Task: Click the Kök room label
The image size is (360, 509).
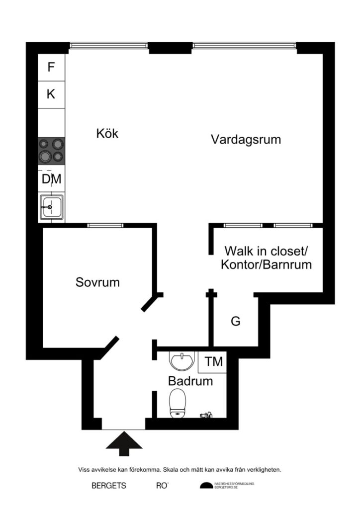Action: (x=107, y=133)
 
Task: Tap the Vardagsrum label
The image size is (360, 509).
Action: (x=246, y=139)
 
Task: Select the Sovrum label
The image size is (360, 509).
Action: (x=97, y=282)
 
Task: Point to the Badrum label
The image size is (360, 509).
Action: (x=190, y=382)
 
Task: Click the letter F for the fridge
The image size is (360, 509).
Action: (x=51, y=67)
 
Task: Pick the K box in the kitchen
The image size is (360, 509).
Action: (x=51, y=94)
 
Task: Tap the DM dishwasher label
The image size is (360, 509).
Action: (x=52, y=179)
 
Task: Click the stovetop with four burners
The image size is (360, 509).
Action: (x=52, y=150)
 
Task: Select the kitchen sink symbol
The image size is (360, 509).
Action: (x=51, y=207)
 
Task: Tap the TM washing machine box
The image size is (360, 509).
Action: (x=213, y=362)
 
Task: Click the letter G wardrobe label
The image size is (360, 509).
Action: (x=235, y=322)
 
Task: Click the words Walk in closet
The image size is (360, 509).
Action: (x=266, y=250)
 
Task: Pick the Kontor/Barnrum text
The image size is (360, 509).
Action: (x=266, y=264)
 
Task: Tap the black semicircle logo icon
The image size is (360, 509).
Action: (x=206, y=486)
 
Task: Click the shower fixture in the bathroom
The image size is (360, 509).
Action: (x=205, y=414)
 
